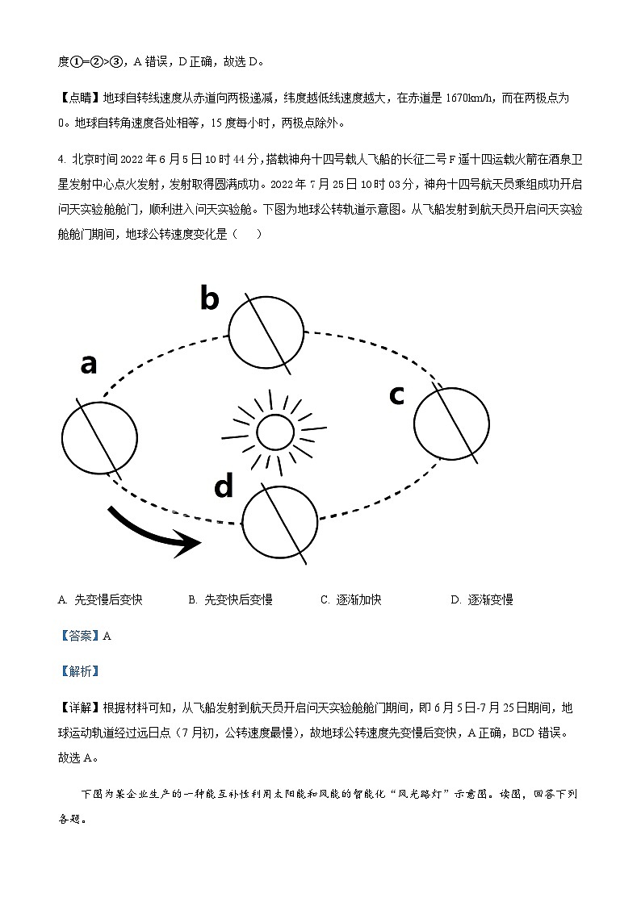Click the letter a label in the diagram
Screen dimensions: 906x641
click(89, 365)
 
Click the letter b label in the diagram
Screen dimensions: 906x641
click(209, 299)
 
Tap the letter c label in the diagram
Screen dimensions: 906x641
click(396, 395)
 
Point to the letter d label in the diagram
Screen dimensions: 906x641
click(224, 486)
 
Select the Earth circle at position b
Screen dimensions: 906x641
click(266, 331)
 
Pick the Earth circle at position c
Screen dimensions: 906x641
click(451, 423)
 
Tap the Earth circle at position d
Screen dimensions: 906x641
click(280, 522)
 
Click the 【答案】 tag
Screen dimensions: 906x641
click(79, 636)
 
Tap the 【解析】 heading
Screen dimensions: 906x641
click(79, 670)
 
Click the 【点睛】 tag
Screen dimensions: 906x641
click(79, 98)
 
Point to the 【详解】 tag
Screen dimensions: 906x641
click(79, 708)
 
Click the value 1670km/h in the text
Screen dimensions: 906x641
click(470, 98)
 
